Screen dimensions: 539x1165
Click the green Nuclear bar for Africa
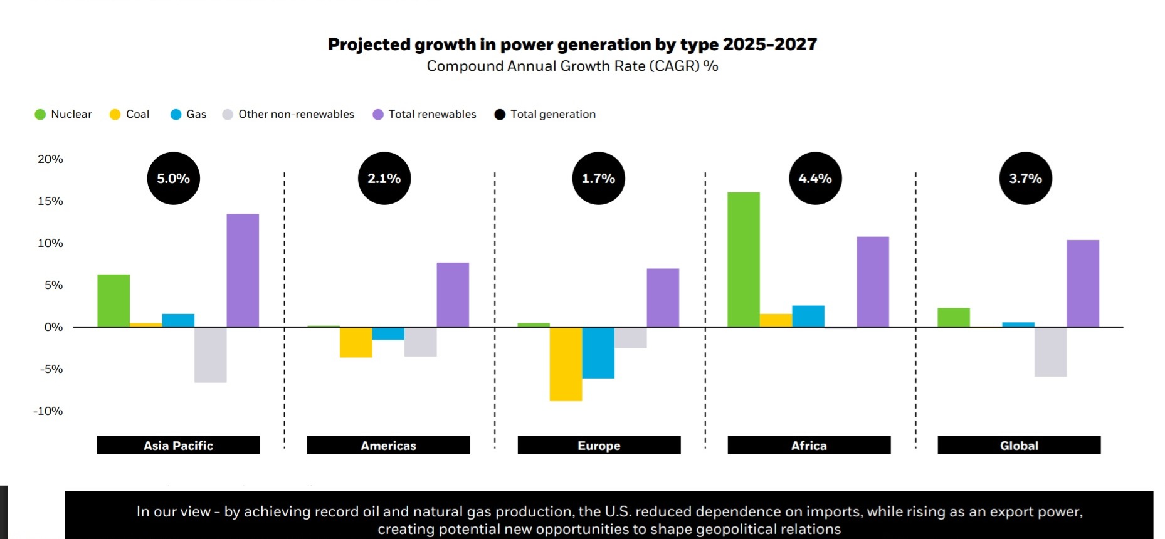pos(744,259)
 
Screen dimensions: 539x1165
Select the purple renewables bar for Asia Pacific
pos(243,271)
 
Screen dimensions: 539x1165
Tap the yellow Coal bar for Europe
pos(566,364)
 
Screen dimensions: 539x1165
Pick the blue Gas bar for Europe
pos(598,352)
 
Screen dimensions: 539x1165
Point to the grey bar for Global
pos(1050,352)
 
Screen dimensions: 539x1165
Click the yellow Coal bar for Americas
pos(356,342)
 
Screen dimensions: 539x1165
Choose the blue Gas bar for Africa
pos(808,316)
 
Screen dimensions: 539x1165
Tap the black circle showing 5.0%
pos(174,179)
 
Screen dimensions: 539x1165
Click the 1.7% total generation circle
pos(599,179)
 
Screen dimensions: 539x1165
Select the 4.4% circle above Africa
pos(815,179)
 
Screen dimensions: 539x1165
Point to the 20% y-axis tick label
pos(50,159)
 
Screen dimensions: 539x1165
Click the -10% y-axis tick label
pos(48,411)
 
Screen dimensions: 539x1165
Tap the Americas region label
pos(388,446)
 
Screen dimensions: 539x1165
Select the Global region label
pos(1019,446)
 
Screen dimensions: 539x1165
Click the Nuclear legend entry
pos(63,114)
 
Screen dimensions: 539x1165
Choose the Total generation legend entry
pos(545,114)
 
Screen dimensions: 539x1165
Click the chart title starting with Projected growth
pos(572,44)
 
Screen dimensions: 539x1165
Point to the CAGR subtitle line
pos(572,66)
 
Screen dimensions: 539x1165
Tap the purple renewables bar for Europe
pos(663,298)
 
